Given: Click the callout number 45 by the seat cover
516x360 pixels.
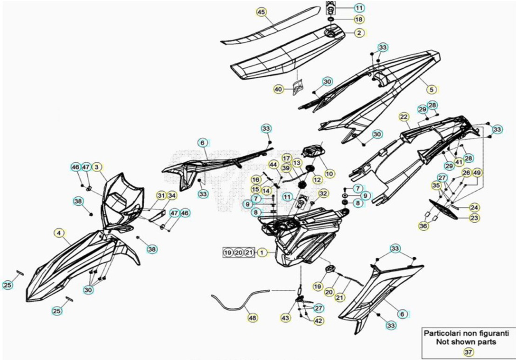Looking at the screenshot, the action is tap(261, 12).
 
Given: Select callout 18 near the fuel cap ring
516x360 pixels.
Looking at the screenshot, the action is tap(359, 20).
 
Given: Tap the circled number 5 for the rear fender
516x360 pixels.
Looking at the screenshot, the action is tap(432, 89).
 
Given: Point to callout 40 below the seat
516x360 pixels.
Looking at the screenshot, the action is tap(278, 89).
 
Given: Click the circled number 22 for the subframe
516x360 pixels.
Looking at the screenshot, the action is tap(404, 117).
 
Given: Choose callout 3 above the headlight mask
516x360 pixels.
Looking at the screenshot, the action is tap(96, 167).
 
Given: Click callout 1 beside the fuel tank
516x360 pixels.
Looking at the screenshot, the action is tap(261, 253).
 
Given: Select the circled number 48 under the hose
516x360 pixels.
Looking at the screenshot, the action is tap(253, 318).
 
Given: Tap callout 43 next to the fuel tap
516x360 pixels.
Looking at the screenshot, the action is tap(286, 318).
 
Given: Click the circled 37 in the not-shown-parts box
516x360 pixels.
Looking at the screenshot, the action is tap(468, 352).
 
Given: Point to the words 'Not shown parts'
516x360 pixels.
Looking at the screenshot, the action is tap(466, 342).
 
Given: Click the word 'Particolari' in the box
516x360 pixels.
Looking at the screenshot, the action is tap(441, 333).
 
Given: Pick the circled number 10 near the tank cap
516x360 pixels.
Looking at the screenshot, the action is tap(329, 173).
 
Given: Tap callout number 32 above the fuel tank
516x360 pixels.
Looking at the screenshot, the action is tap(323, 193).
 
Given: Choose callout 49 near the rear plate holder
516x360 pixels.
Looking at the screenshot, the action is tap(476, 173).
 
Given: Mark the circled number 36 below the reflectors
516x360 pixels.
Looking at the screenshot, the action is tap(423, 226).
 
